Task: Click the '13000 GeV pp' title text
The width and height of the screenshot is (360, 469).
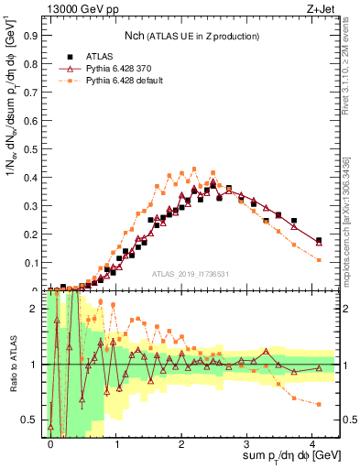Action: click(x=77, y=8)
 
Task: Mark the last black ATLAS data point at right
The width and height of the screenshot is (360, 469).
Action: click(x=319, y=240)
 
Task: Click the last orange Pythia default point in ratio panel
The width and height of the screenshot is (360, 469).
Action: click(x=319, y=404)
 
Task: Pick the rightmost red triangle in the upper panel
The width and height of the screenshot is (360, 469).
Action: click(x=319, y=242)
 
